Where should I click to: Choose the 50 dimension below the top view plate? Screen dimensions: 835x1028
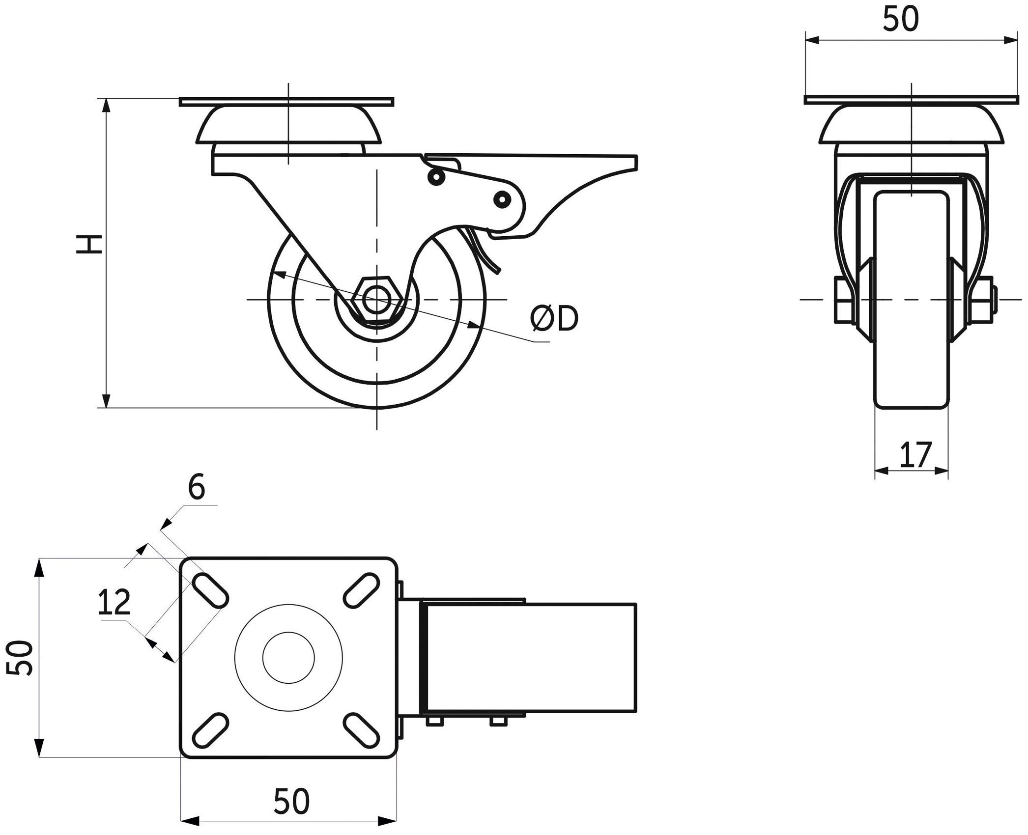click(292, 801)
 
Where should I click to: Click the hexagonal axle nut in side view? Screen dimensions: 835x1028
click(376, 299)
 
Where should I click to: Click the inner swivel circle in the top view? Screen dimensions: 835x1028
click(288, 658)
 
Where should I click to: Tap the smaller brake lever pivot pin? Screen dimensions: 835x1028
click(435, 177)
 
